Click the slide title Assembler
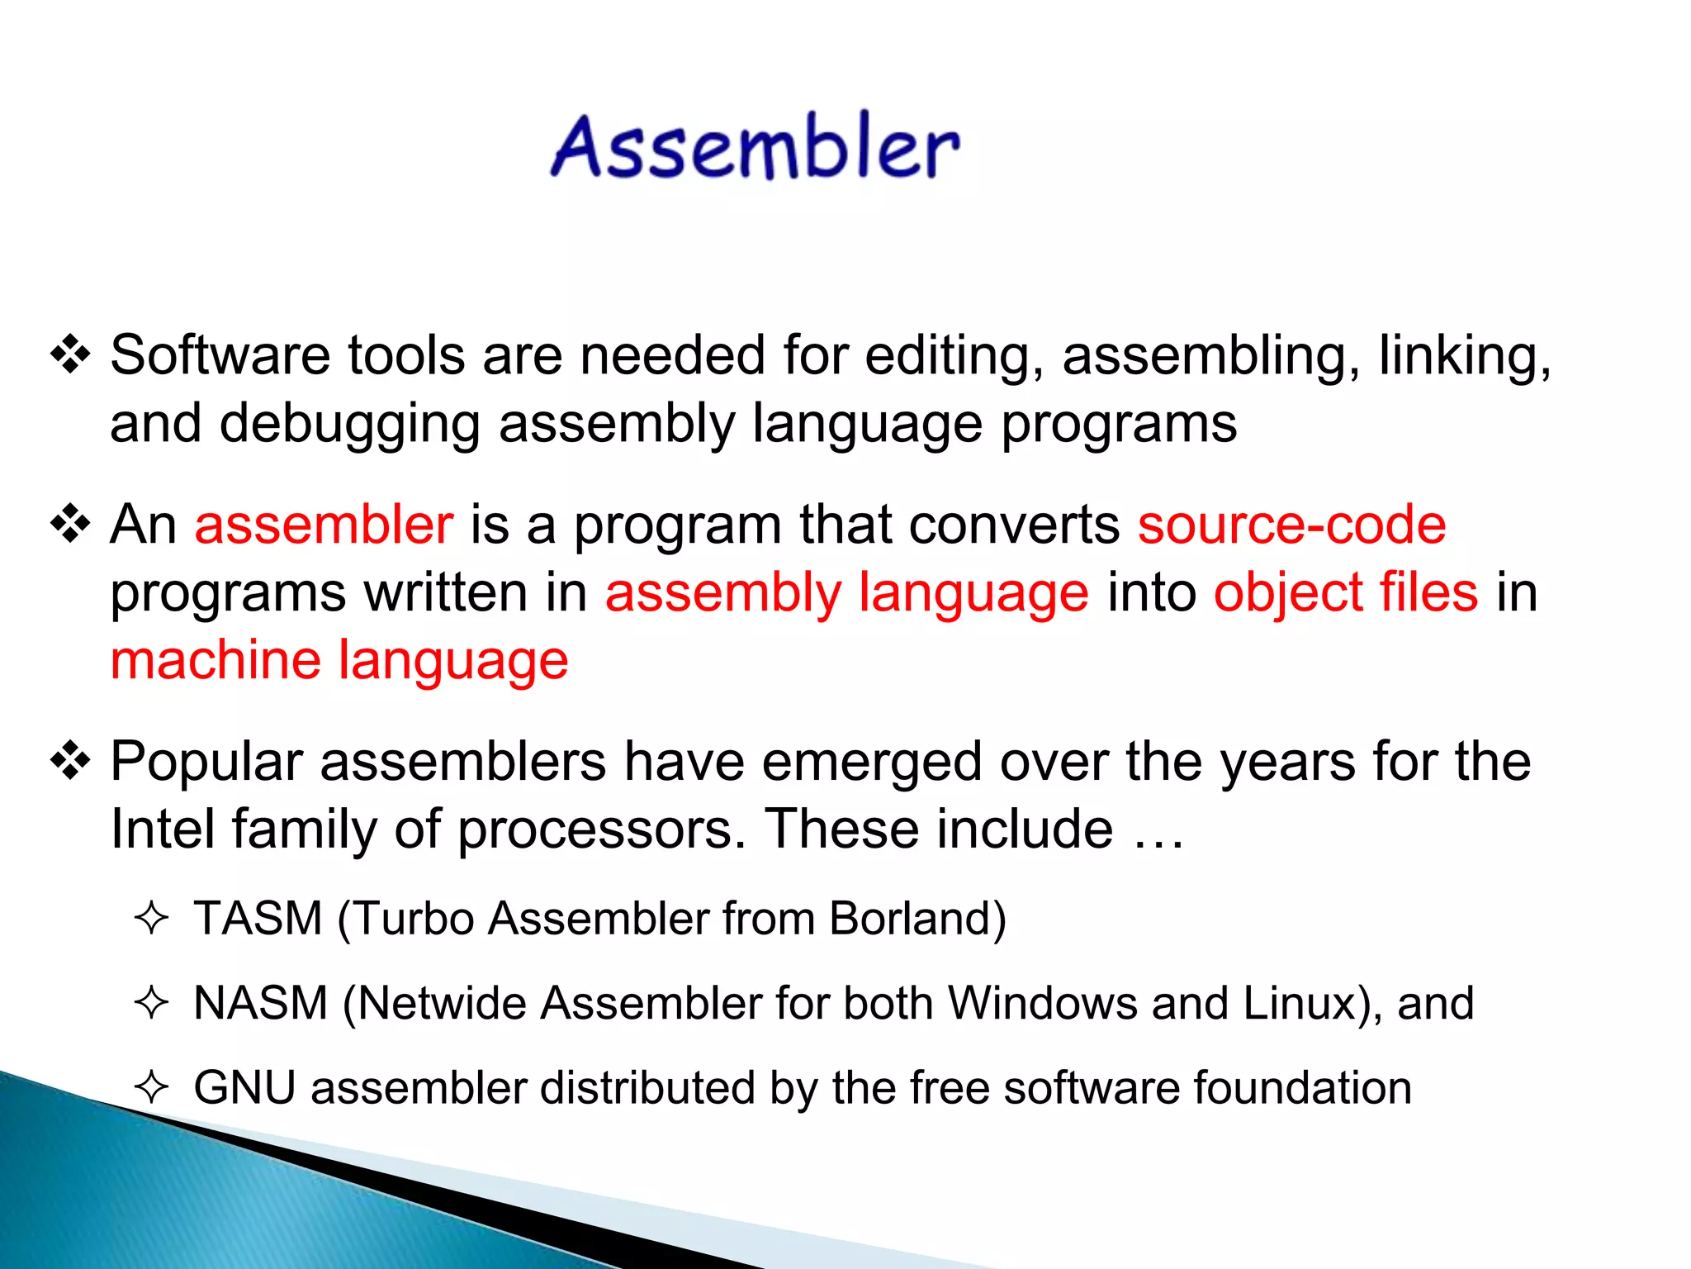point(756,147)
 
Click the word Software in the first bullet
point(219,356)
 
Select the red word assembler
point(324,525)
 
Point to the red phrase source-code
point(1291,525)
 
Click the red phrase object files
point(1345,593)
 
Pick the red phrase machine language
point(339,661)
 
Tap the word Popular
point(206,762)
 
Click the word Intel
point(162,829)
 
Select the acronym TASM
point(258,919)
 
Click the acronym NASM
point(261,1003)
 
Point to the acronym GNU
point(244,1087)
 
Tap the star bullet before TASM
point(151,919)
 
